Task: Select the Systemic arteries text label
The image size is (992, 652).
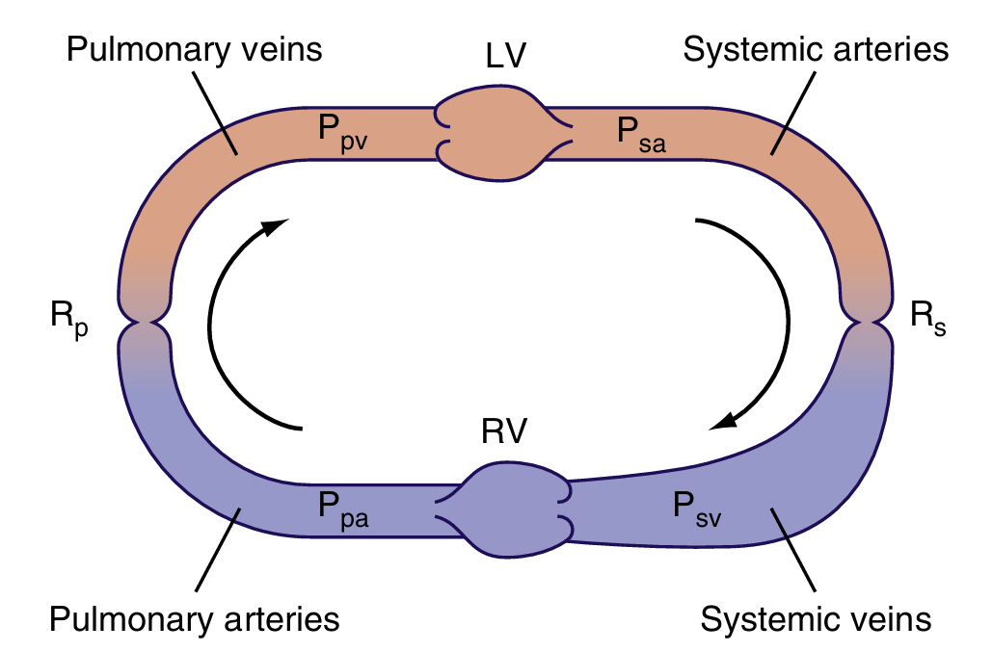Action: click(x=816, y=49)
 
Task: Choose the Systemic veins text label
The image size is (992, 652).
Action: click(x=816, y=617)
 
